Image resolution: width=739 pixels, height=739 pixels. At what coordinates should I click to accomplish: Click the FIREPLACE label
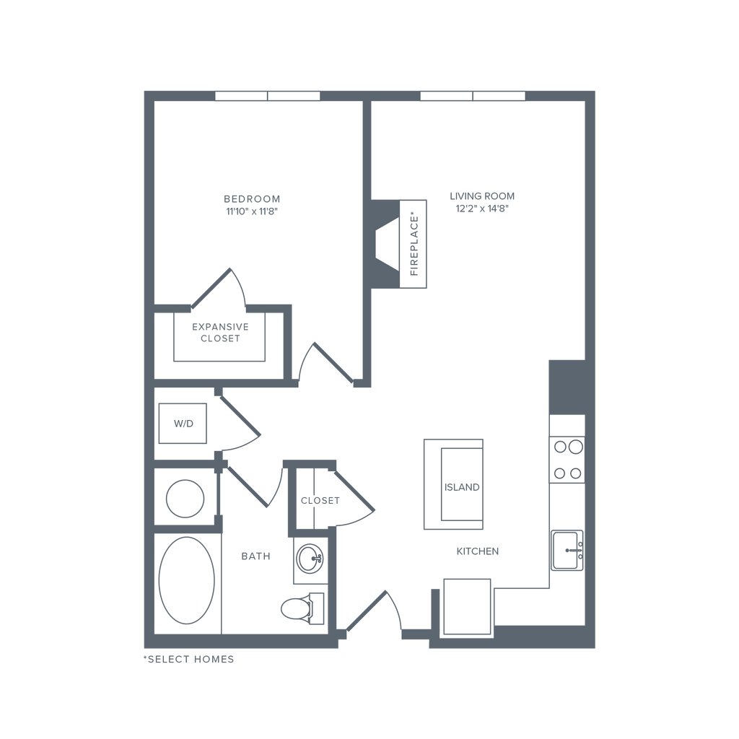[x=414, y=245]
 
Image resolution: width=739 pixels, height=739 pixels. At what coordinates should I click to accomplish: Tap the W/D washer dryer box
[x=184, y=424]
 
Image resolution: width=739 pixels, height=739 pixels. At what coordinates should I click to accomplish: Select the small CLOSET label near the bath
[x=320, y=500]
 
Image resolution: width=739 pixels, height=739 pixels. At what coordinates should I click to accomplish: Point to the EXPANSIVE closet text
[x=219, y=326]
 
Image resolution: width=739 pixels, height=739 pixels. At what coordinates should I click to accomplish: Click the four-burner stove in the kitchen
[x=567, y=460]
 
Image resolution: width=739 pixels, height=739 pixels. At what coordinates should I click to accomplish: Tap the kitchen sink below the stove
[x=567, y=551]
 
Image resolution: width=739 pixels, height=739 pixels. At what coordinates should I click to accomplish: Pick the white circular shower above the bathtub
[x=185, y=497]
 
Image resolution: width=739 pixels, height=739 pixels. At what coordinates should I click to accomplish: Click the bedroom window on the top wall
[x=268, y=96]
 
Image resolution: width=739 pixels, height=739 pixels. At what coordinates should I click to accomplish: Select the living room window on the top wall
[x=473, y=96]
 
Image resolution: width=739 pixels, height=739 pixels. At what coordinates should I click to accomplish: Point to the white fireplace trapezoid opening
[x=387, y=245]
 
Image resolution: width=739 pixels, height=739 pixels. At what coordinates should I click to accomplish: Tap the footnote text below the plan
[x=189, y=659]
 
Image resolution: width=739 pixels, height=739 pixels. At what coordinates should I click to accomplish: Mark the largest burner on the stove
[x=559, y=447]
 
